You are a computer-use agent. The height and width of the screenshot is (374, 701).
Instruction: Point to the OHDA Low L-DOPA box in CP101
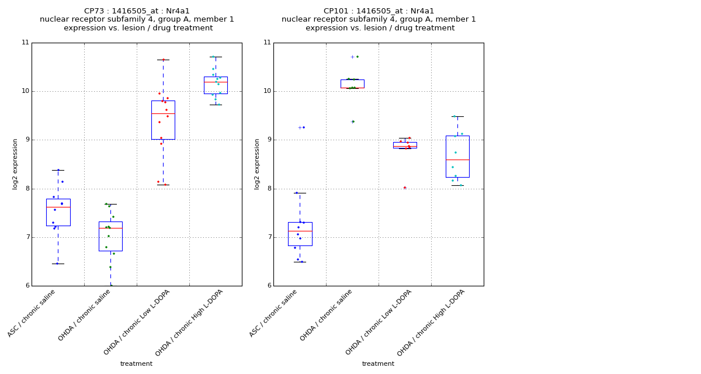pos(405,144)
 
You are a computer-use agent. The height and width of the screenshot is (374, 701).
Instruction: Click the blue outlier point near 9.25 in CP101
pos(300,127)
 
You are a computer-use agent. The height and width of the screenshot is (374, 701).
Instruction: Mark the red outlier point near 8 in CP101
pos(405,188)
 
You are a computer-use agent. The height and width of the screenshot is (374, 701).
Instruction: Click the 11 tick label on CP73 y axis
pos(25,43)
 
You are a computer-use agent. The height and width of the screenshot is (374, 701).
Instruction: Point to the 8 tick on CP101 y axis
pos(268,189)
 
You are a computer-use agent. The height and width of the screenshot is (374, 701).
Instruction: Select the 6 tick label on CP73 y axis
pos(27,286)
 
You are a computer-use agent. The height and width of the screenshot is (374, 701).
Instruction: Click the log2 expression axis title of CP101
pos(257,164)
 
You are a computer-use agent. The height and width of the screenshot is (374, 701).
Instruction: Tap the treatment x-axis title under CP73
pos(136,364)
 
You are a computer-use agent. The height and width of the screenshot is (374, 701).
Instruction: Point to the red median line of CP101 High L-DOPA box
pos(457,160)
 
